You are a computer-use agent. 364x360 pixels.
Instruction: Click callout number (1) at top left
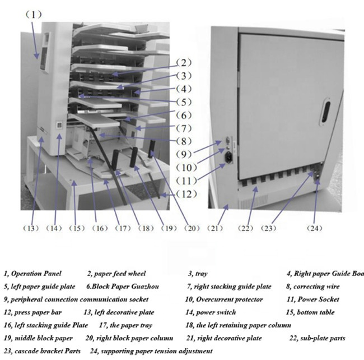(x=34, y=14)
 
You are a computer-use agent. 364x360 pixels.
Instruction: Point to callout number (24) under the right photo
(x=318, y=228)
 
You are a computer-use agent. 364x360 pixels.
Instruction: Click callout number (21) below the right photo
(x=216, y=228)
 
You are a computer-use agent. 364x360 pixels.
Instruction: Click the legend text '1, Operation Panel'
(x=34, y=274)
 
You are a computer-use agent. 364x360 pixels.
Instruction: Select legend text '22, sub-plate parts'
(x=317, y=338)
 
